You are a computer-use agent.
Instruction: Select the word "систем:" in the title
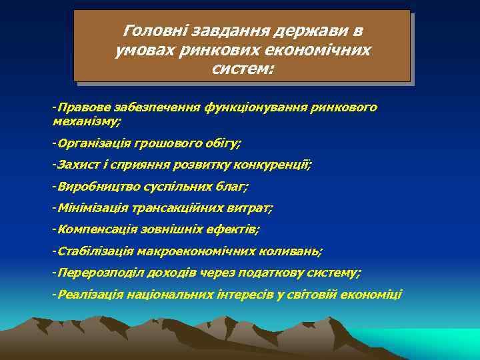point(242,69)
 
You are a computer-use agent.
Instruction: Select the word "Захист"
point(75,164)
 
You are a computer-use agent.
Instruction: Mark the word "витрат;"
point(251,208)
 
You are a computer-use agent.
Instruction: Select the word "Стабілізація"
point(95,251)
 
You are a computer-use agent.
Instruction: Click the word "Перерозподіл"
point(96,273)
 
